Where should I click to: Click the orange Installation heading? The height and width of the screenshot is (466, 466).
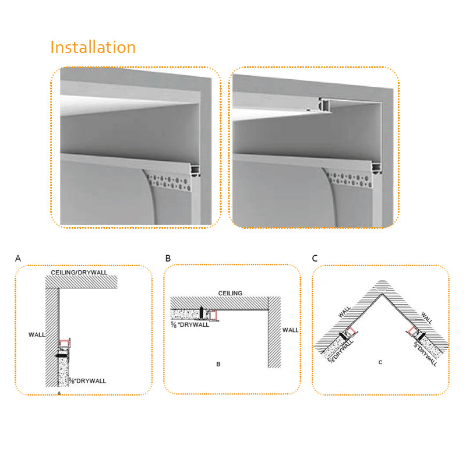[93, 48]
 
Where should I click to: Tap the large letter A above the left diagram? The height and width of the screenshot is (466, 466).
[18, 258]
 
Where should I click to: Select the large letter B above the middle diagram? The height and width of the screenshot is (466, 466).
[168, 258]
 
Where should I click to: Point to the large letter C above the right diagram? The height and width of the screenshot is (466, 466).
[315, 258]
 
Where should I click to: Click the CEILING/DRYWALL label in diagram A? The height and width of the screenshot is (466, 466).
[79, 272]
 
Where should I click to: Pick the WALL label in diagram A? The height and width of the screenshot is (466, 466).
[37, 334]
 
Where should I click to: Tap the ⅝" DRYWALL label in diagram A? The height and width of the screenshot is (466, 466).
[87, 381]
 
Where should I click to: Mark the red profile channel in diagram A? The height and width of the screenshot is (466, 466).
[63, 344]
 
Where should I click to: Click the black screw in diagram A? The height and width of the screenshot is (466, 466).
[62, 355]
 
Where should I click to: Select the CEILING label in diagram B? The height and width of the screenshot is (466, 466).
[230, 293]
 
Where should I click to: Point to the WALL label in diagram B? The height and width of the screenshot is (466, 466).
[290, 330]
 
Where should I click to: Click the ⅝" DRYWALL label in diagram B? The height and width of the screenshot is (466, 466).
[190, 325]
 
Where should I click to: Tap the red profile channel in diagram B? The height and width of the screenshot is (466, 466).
[214, 315]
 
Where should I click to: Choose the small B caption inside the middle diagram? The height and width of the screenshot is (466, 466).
[218, 364]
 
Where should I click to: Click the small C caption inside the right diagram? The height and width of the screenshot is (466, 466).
[380, 362]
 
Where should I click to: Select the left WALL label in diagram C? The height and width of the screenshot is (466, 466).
[345, 312]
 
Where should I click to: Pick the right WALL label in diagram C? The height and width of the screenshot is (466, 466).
[427, 317]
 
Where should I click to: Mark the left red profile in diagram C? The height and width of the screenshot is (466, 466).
[351, 331]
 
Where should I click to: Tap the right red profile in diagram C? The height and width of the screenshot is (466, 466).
[412, 330]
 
